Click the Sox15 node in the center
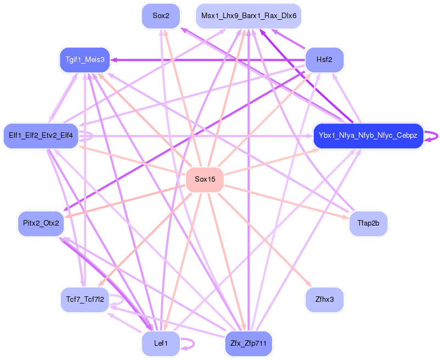(205, 179)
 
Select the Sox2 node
(161, 15)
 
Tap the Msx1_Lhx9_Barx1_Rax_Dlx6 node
(249, 15)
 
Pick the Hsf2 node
(324, 59)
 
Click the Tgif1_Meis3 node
(84, 59)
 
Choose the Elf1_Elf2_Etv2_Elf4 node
(41, 136)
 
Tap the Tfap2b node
(369, 223)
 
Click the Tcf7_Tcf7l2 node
(84, 300)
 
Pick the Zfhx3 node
(324, 300)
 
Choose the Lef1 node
(161, 344)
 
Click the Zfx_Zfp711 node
(249, 344)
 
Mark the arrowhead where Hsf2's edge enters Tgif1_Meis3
(114, 59)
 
